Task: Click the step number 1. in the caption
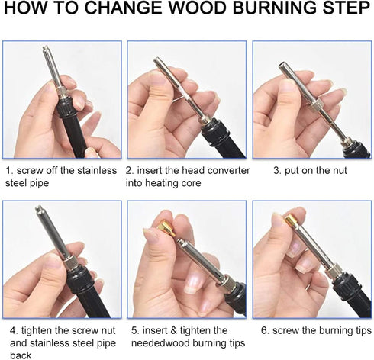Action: coord(8,170)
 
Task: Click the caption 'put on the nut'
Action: coord(310,170)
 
